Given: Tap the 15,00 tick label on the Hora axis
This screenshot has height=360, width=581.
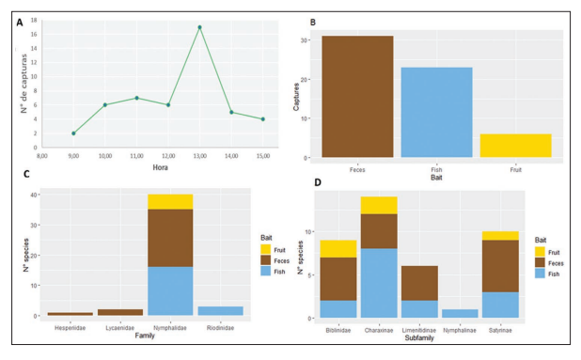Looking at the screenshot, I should point(262,154).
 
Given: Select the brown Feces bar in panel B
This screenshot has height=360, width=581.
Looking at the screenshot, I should point(357,96).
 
